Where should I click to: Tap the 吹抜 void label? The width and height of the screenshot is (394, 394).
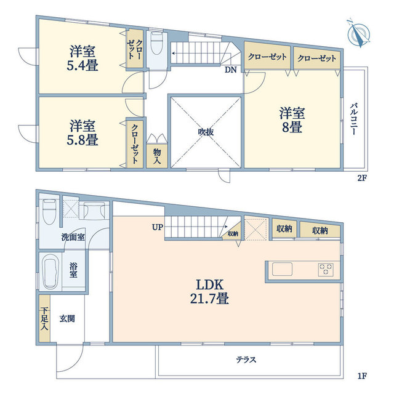206,131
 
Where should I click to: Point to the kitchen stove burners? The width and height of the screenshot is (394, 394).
326,268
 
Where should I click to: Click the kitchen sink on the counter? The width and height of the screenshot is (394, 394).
283,268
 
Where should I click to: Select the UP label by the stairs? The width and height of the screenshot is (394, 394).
157,227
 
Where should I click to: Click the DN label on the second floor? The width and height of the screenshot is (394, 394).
230,70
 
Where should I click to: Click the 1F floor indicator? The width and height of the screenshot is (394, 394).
361,376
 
